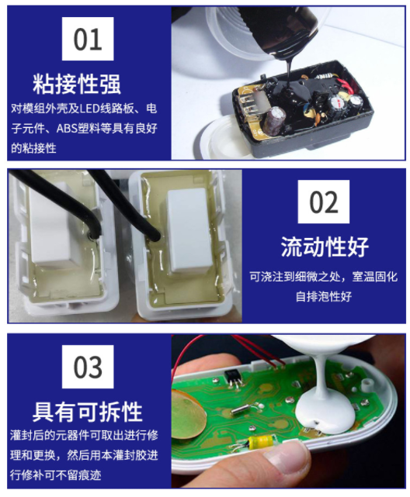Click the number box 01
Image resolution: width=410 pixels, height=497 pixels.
pyautogui.click(x=88, y=39)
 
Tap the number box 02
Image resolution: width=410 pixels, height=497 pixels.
pyautogui.click(x=323, y=202)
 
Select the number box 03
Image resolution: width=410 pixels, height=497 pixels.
pyautogui.click(x=88, y=367)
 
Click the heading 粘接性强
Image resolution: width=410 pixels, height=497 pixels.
pyautogui.click(x=77, y=84)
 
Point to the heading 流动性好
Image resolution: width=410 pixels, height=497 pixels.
pyautogui.click(x=325, y=247)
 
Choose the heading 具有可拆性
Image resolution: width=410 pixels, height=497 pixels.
pyautogui.click(x=87, y=412)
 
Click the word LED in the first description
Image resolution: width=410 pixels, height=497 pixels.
pyautogui.click(x=90, y=109)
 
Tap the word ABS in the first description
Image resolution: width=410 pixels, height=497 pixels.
pyautogui.click(x=67, y=129)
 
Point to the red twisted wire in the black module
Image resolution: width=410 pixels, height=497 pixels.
pyautogui.click(x=346, y=85)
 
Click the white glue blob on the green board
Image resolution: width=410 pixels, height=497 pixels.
pyautogui.click(x=324, y=412)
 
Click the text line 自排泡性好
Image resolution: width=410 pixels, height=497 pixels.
pyautogui.click(x=324, y=297)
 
